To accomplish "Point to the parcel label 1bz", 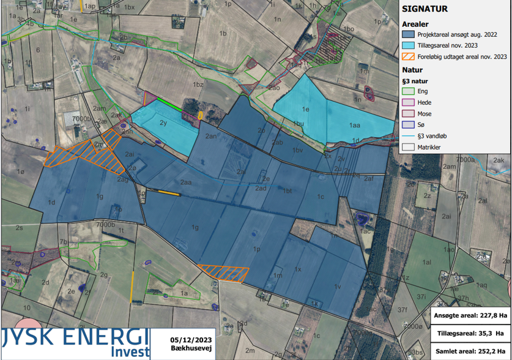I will click(x=198, y=84).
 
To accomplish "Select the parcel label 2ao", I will click(x=275, y=88).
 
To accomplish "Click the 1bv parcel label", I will click(x=298, y=150).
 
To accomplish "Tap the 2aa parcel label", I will click(x=187, y=182).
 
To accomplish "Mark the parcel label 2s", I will click(x=20, y=228).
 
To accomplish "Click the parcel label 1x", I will click(x=298, y=269).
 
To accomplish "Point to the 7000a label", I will click(x=465, y=159).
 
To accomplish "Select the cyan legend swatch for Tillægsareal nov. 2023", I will click(x=408, y=45).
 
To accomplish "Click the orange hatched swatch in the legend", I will click(x=408, y=56).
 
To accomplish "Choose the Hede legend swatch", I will click(x=408, y=103).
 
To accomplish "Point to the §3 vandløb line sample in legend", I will click(x=408, y=137).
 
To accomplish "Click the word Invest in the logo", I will click(x=130, y=352).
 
